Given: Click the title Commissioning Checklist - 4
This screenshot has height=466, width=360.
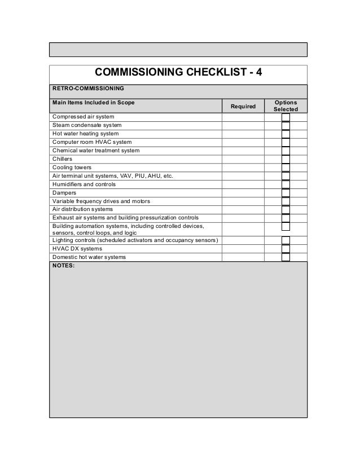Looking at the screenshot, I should tap(178, 73).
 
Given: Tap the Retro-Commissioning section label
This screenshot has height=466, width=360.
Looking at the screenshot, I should tap(88, 89).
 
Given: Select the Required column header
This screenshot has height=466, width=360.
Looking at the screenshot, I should tap(243, 106).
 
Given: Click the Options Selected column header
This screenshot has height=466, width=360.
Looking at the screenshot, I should tap(286, 105).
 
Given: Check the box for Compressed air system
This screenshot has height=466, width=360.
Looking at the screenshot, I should tap(286, 117).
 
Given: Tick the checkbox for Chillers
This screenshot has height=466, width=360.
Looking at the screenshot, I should tap(286, 159).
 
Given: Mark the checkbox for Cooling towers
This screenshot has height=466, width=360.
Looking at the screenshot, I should tap(286, 168).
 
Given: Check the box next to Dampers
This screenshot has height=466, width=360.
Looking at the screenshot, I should tap(286, 193).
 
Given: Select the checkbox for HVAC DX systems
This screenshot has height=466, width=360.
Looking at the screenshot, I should tap(286, 249).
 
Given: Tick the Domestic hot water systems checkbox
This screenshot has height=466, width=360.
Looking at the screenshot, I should tap(286, 257).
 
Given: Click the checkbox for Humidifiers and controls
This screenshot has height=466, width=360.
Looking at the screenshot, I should tap(286, 184).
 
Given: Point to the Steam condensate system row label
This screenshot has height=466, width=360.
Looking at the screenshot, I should tap(87, 125).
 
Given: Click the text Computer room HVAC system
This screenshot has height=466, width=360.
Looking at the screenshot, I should tap(92, 142).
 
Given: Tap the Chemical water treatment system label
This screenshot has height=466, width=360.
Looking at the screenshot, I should tap(96, 151).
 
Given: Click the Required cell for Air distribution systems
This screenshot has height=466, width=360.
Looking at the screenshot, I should tap(243, 209).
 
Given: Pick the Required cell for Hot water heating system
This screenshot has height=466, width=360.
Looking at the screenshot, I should tap(243, 134).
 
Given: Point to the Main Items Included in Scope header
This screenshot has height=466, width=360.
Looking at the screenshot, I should tap(93, 102).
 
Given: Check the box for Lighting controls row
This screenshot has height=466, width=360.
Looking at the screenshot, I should tap(286, 240).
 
